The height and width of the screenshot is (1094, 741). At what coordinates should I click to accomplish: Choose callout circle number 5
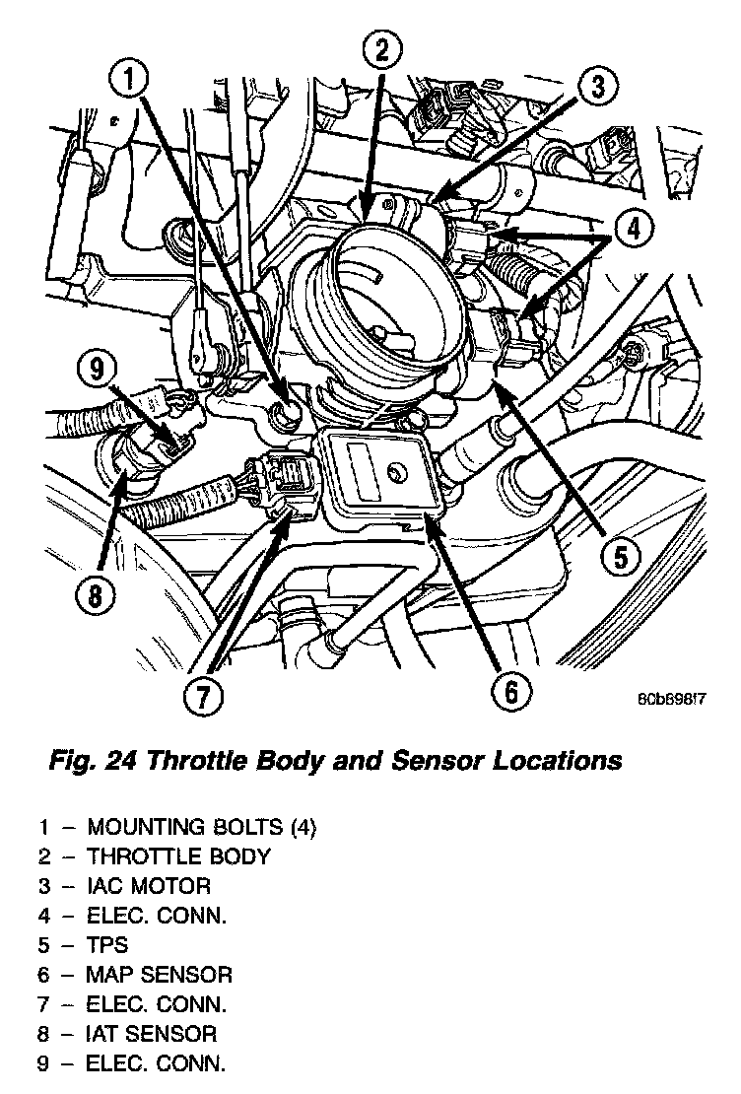coord(620,558)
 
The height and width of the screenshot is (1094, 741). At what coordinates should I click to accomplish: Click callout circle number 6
coord(510,692)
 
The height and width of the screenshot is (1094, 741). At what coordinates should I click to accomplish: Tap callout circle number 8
coord(94,594)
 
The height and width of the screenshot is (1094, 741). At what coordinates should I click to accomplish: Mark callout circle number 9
coord(97,372)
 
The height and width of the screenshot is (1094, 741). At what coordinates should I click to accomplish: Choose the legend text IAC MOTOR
coord(148,885)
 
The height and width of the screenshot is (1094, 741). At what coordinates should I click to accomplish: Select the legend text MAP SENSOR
coord(160,975)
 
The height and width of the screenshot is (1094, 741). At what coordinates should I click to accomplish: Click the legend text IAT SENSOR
coord(152,1034)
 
